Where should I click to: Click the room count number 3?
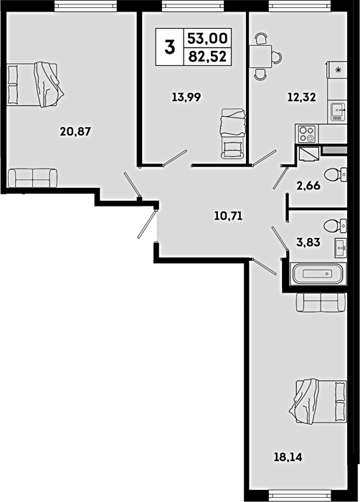coord(170,47)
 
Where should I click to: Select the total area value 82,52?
coord(207,57)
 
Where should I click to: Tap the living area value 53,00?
coord(207,39)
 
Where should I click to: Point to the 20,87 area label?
coord(76,131)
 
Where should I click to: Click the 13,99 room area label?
coord(186,97)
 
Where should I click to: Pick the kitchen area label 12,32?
coord(301,97)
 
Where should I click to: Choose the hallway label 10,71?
coord(228,216)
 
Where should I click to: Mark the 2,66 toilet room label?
coord(308,185)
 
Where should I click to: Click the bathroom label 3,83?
coord(308,242)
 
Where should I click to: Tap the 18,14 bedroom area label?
coord(288,457)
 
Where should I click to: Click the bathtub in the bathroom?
coord(318,273)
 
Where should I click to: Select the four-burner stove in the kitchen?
coord(307,134)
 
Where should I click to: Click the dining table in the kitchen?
coord(261,57)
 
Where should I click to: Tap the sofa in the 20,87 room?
coord(33,178)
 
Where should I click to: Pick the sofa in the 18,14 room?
coord(321,302)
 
